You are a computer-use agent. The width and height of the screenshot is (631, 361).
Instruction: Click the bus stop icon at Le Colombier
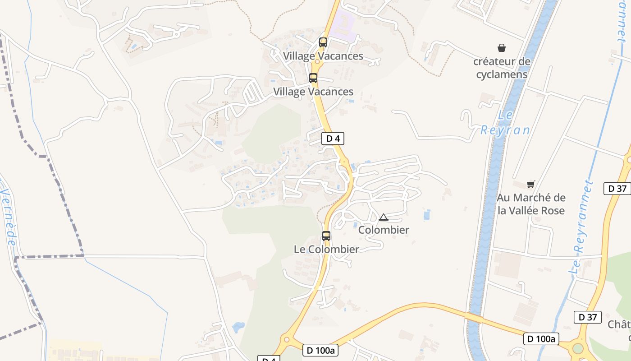coord(326,236)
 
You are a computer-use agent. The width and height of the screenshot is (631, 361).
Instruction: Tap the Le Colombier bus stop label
coord(326,249)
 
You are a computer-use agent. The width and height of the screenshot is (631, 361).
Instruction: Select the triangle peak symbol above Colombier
coord(384,218)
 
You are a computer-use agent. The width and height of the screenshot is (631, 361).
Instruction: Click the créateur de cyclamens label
coord(502,68)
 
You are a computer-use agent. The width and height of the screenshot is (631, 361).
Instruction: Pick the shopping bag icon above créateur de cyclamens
coord(501,48)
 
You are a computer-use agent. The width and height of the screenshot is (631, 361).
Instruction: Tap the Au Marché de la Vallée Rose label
coord(531,204)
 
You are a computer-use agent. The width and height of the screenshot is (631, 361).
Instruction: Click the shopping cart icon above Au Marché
coord(531,184)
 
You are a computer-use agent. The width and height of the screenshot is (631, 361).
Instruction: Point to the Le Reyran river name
coord(505,123)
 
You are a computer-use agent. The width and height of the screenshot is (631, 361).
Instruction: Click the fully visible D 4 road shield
coord(333,139)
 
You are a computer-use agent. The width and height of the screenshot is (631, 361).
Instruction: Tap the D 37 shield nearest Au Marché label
coord(617,189)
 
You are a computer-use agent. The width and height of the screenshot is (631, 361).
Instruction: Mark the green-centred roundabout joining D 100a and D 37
coord(577,348)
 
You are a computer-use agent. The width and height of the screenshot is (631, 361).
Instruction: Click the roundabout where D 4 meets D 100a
coord(285,339)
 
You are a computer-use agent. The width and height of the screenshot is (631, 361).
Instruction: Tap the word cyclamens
coord(502,74)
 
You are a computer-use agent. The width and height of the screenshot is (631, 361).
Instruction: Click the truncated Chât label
coord(618,324)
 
